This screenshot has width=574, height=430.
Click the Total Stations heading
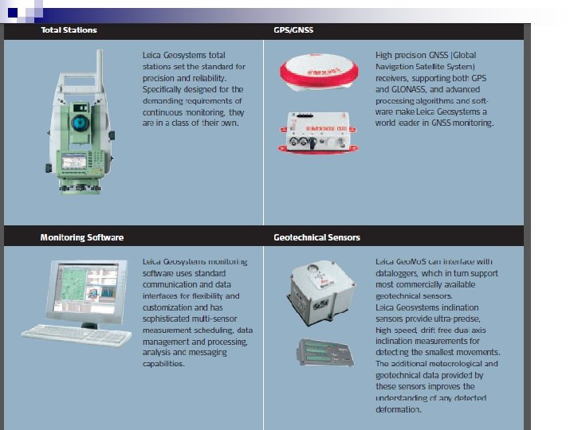click(x=69, y=30)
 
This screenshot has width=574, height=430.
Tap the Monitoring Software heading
click(x=82, y=237)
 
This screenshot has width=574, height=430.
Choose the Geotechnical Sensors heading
click(x=316, y=237)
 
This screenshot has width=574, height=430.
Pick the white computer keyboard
click(x=77, y=336)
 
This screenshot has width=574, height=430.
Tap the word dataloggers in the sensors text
click(x=399, y=273)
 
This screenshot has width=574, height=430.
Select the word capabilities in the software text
click(x=163, y=363)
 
